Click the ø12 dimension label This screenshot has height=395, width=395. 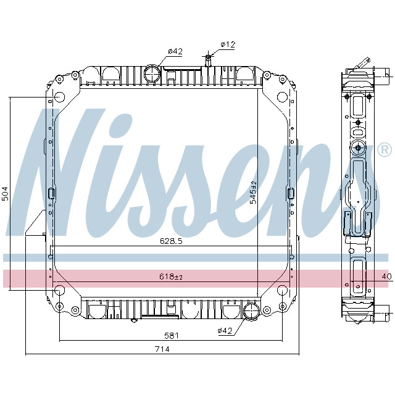pyautogui.click(x=228, y=44)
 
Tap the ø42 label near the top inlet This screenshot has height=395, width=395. pyautogui.click(x=175, y=51)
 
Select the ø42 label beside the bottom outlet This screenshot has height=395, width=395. pyautogui.click(x=226, y=331)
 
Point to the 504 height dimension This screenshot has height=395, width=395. pyautogui.click(x=6, y=193)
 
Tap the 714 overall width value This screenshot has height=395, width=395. pyautogui.click(x=162, y=349)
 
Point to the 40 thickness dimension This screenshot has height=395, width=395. pyautogui.click(x=387, y=276)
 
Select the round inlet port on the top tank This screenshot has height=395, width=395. pyautogui.click(x=152, y=75)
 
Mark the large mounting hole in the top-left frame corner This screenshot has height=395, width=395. pyautogui.click(x=59, y=98)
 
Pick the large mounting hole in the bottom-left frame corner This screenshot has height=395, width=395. pyautogui.click(x=59, y=291)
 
